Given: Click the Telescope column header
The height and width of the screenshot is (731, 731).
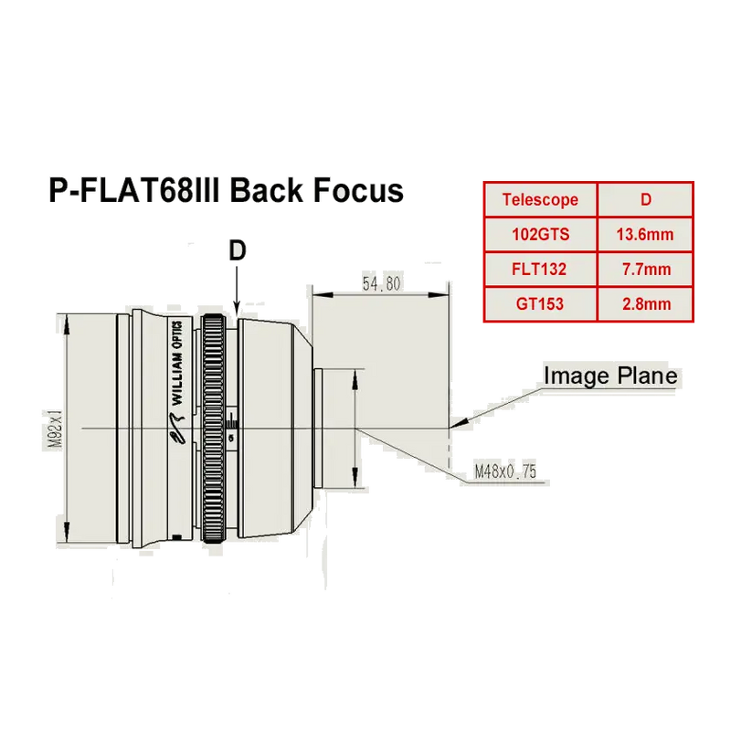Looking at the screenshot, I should pos(540,200).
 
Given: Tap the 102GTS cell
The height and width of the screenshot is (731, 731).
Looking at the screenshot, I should pos(540,234).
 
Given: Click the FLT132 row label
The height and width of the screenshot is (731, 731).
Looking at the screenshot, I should pos(540,270).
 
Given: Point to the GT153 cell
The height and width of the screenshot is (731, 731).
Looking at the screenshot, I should pos(540,304).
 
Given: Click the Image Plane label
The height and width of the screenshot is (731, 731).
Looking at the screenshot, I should pos(610,376).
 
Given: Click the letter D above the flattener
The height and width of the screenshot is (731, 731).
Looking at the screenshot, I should pos(238,251).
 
